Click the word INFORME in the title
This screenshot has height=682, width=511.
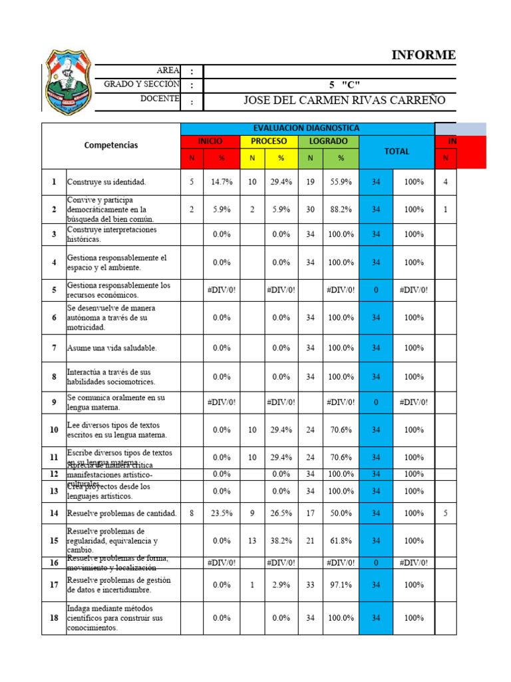(x=423, y=55)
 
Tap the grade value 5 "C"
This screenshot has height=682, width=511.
(x=344, y=85)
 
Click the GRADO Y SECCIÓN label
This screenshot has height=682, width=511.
(x=141, y=85)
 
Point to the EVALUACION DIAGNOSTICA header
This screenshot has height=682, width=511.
(x=307, y=128)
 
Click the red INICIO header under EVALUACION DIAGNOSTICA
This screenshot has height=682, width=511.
(x=210, y=141)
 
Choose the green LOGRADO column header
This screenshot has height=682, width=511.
(x=327, y=141)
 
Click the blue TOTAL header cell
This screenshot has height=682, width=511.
(x=396, y=152)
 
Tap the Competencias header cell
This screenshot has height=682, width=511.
(x=111, y=145)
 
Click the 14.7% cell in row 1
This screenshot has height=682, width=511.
(x=222, y=181)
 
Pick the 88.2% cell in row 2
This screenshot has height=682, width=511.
(x=341, y=209)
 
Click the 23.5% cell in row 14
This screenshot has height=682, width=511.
(x=222, y=513)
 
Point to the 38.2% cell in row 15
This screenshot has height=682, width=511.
(x=281, y=541)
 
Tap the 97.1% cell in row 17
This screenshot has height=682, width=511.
(x=341, y=585)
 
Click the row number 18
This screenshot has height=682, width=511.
(x=54, y=617)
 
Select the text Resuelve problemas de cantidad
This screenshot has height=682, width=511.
(x=121, y=513)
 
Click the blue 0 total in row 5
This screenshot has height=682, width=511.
(x=376, y=290)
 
